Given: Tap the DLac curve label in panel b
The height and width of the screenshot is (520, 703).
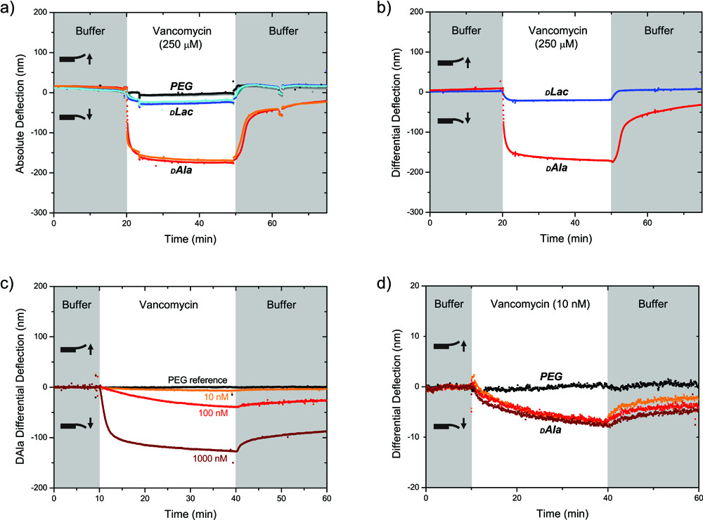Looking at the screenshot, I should (x=556, y=93).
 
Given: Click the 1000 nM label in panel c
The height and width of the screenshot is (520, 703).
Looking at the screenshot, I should (x=211, y=458).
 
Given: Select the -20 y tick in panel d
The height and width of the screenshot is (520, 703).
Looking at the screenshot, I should (x=415, y=488).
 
